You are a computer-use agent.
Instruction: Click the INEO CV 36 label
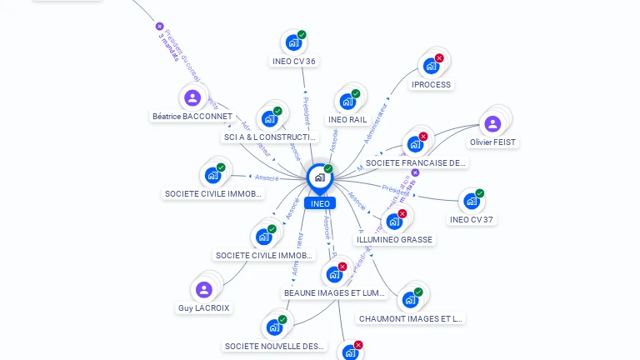click(294, 61)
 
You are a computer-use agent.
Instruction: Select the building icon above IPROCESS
click(430, 66)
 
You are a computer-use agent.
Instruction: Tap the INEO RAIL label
click(347, 119)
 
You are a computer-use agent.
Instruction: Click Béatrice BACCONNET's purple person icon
click(192, 97)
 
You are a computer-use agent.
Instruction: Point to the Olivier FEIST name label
click(493, 142)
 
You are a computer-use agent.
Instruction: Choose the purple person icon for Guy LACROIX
click(204, 289)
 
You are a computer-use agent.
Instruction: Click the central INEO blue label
click(319, 203)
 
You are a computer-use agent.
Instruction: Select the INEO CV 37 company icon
click(471, 201)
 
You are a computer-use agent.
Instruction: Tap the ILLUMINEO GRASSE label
click(395, 239)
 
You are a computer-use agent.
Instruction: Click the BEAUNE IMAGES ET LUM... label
click(335, 292)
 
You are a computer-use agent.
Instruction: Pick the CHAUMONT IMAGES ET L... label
click(410, 318)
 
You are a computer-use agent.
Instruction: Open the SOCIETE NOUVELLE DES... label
click(275, 346)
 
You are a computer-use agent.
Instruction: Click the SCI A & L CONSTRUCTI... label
click(271, 137)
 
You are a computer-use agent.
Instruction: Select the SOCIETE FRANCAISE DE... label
click(415, 162)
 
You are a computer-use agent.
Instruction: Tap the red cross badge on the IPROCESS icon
click(439, 58)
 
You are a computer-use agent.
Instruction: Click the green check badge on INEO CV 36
click(302, 35)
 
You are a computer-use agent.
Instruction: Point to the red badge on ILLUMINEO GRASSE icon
click(402, 214)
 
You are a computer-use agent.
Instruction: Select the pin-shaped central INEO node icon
click(319, 177)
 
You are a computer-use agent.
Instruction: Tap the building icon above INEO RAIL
click(347, 102)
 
